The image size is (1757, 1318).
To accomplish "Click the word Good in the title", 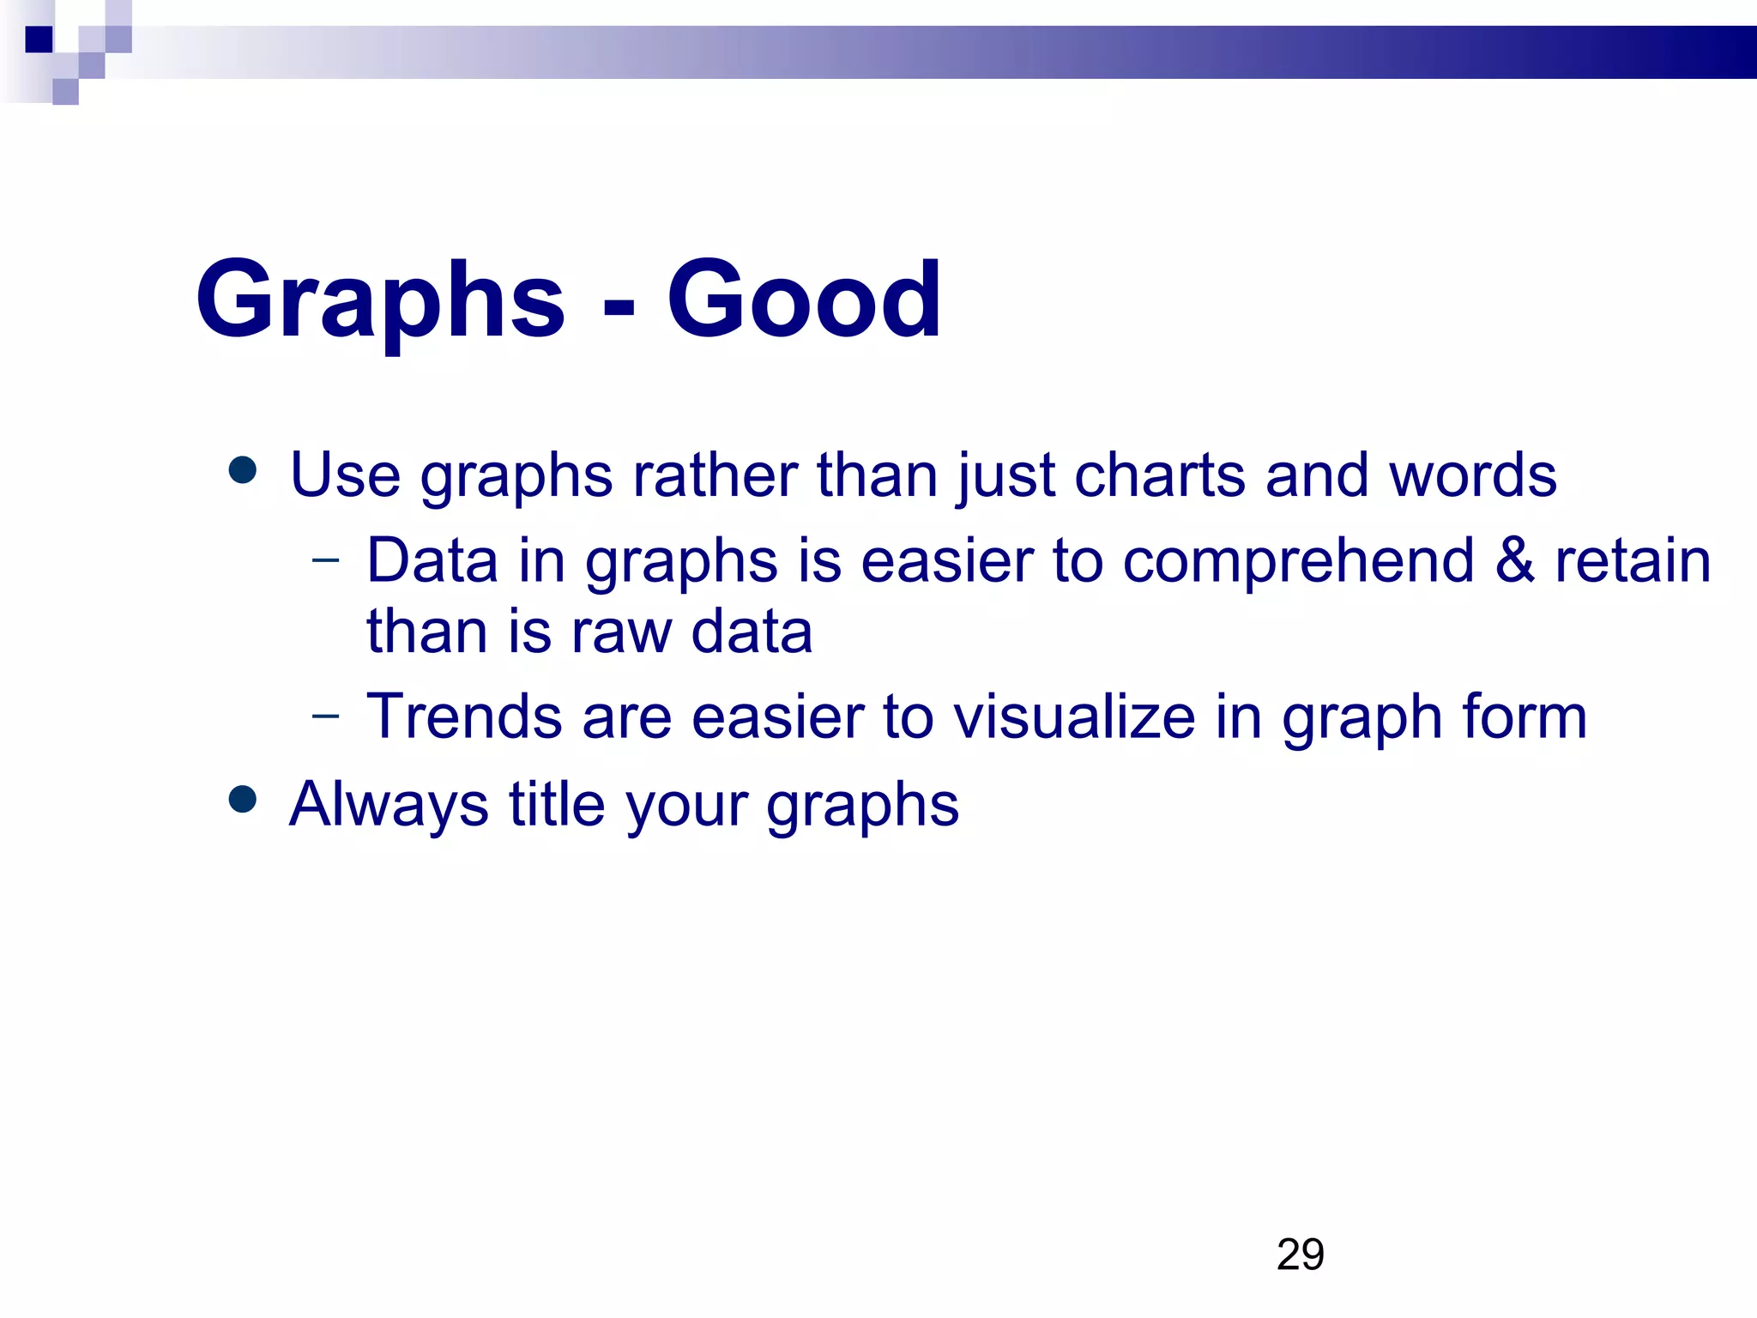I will click(804, 300).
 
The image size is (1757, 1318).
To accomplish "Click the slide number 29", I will click(1300, 1255).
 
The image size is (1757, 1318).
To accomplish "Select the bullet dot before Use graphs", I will click(244, 470).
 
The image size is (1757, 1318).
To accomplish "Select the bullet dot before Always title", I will click(244, 799).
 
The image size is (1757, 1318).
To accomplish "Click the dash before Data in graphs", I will click(326, 561).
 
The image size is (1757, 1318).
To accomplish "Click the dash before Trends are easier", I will click(326, 715).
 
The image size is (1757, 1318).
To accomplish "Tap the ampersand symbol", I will click(1514, 561).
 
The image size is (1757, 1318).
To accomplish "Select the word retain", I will click(1633, 561).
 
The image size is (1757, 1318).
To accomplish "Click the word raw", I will click(621, 632).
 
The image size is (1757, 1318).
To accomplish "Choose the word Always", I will click(389, 805).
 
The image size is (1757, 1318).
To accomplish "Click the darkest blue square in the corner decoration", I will click(39, 39).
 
